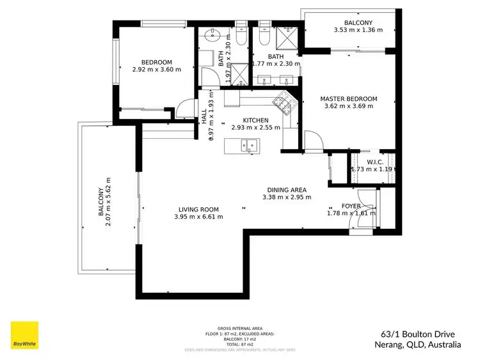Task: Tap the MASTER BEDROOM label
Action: coord(348,99)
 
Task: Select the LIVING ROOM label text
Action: coord(198,209)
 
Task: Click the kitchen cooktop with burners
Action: coord(282,101)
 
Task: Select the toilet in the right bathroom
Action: coord(264,35)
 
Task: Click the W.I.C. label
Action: coord(375,161)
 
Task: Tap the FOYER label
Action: coord(351,206)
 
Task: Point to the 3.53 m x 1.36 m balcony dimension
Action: coord(358,29)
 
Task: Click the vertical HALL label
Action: coord(204,116)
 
